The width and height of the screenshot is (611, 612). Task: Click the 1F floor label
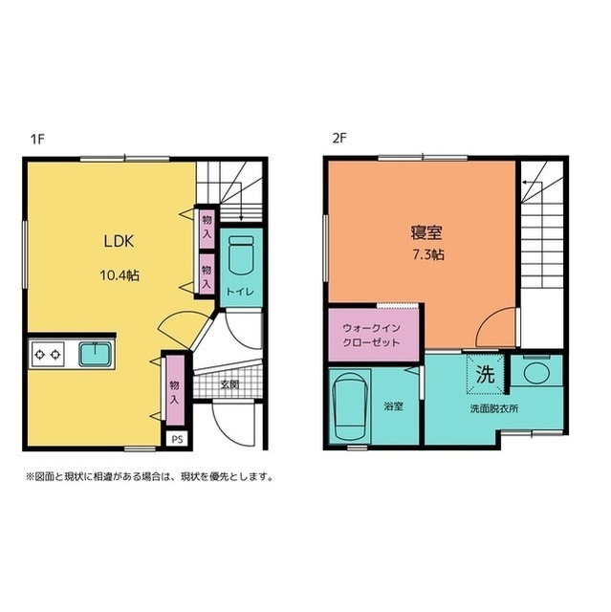pyautogui.click(x=37, y=138)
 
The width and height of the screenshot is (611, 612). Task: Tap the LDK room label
pyautogui.click(x=119, y=240)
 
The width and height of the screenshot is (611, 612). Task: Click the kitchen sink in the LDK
pyautogui.click(x=94, y=354)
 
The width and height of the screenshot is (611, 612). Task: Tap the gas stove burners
pyautogui.click(x=47, y=355)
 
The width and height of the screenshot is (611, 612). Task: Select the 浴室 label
pyautogui.click(x=393, y=406)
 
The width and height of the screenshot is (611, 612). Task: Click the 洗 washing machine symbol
pyautogui.click(x=485, y=374)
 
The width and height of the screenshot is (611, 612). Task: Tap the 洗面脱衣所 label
pyautogui.click(x=493, y=408)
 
